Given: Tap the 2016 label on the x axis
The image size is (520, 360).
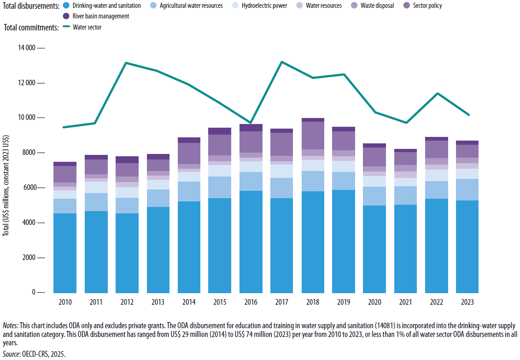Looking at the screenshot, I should click(251, 302).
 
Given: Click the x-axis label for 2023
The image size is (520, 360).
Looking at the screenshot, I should click(467, 302).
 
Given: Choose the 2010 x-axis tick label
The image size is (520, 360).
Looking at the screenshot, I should click(65, 302).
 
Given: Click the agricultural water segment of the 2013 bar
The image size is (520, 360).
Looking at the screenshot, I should click(158, 198).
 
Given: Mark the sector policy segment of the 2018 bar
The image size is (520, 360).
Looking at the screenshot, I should click(312, 136).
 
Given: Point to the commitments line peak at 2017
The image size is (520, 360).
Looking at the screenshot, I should click(281, 62).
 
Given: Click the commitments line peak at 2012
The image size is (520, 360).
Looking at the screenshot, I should click(126, 63).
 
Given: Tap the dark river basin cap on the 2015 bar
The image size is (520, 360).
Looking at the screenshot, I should click(220, 131).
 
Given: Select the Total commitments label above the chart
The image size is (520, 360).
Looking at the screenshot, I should click(31, 28).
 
